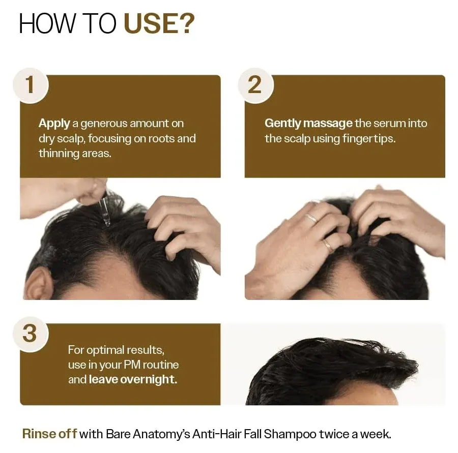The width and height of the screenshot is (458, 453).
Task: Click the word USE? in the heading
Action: (159, 24)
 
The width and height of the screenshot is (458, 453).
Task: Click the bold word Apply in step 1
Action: (54, 124)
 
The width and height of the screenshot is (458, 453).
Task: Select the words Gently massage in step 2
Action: (308, 124)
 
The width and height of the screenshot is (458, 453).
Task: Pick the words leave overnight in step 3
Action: (133, 380)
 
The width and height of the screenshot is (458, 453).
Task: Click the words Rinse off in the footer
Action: (49, 434)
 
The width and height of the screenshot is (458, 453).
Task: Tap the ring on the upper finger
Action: (310, 219)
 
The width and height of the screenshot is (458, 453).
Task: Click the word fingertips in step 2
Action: (370, 139)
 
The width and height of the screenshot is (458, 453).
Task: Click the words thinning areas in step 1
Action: (75, 154)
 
